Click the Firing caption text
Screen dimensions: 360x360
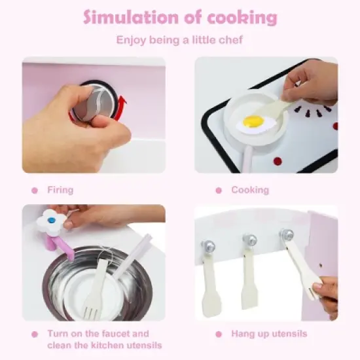point(60,190)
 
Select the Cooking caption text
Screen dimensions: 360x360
point(250,190)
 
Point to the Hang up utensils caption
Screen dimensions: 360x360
point(269,334)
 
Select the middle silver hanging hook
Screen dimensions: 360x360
point(248,240)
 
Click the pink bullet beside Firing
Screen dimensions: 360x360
point(35,190)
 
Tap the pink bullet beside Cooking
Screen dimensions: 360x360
point(219,190)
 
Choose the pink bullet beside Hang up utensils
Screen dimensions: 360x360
point(219,334)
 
